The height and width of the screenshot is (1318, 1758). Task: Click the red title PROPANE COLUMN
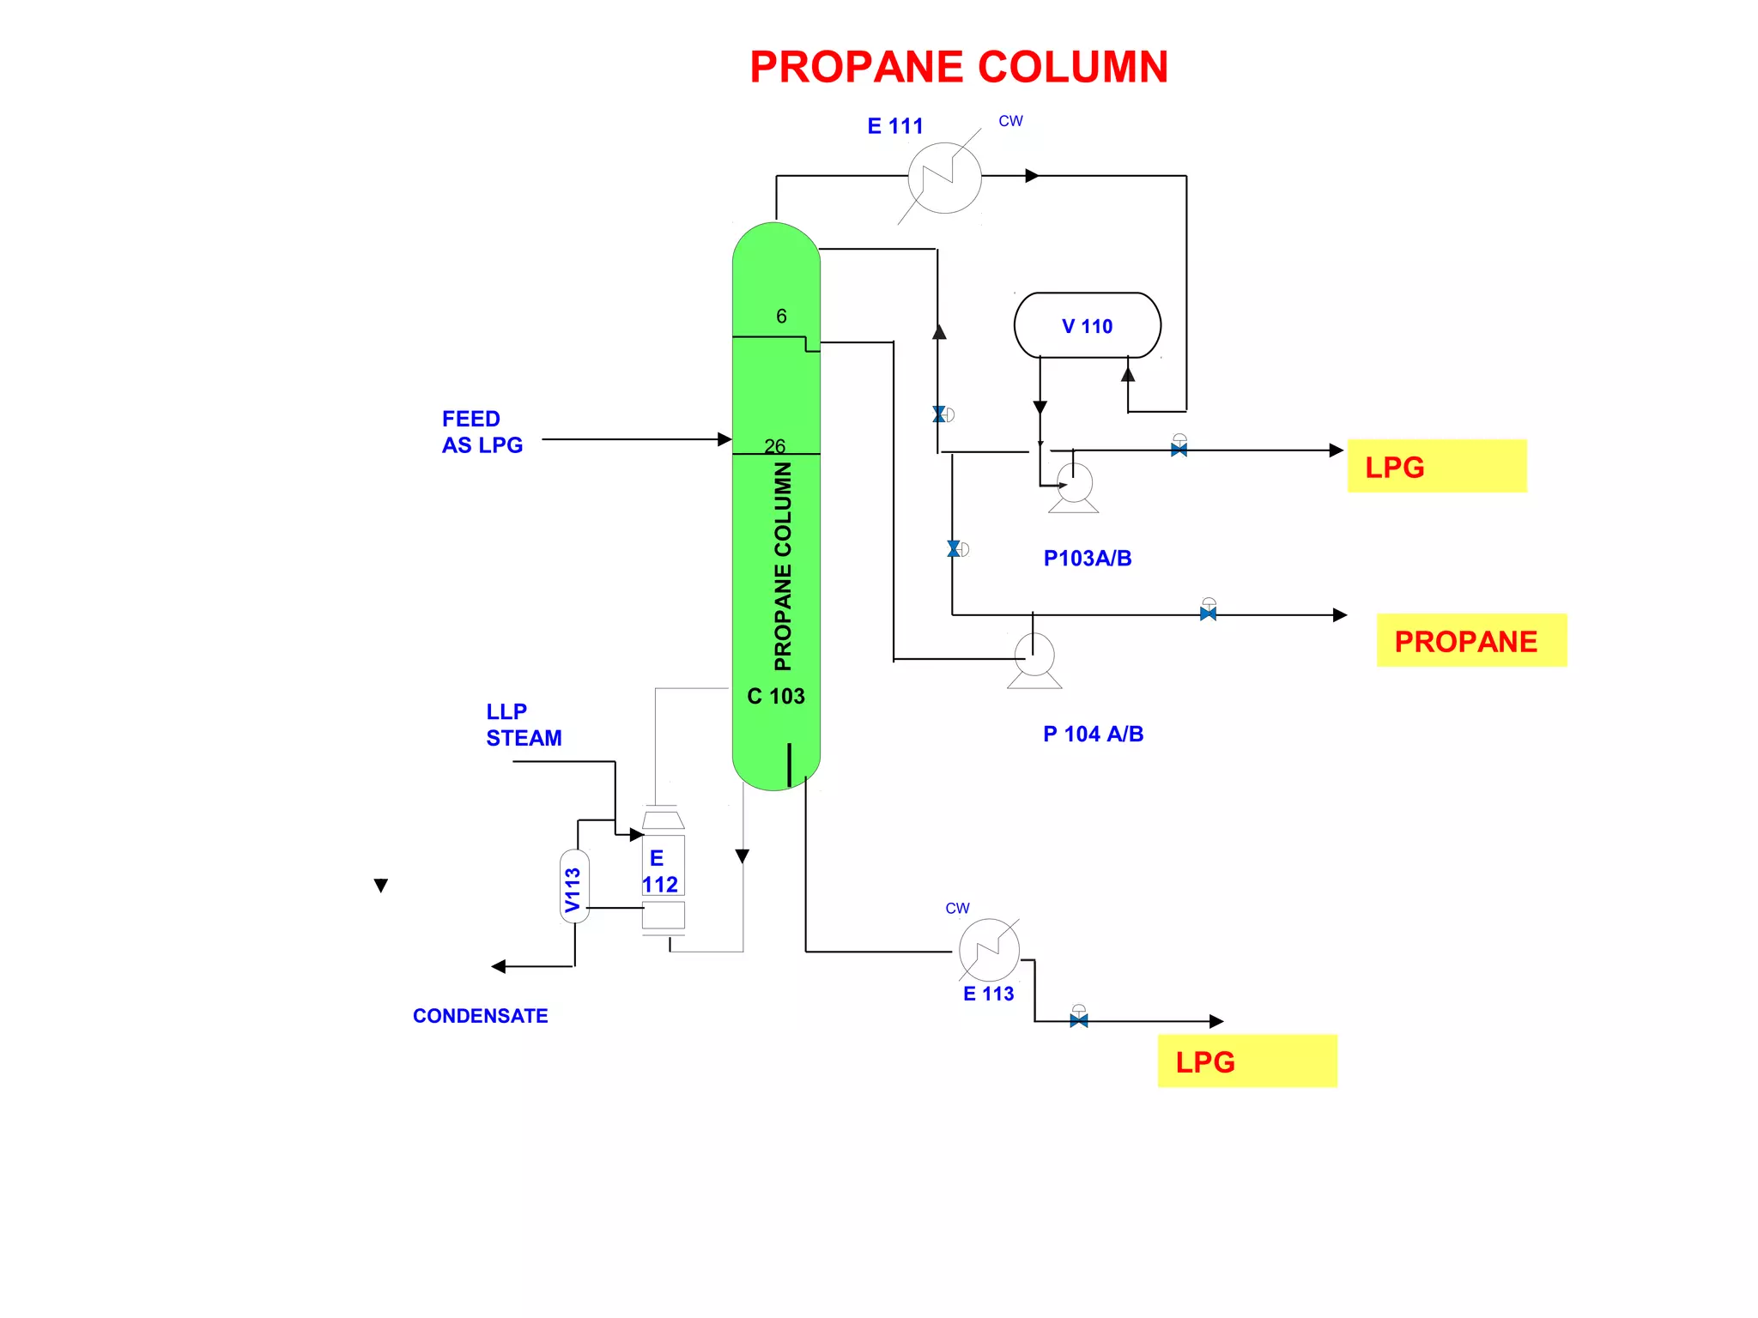958,67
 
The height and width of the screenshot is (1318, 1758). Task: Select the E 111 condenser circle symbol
944,178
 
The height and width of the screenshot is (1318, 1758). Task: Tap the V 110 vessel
1087,325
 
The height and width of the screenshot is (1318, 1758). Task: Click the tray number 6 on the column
781,317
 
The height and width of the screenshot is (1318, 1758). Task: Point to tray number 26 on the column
774,446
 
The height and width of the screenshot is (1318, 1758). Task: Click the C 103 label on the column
776,696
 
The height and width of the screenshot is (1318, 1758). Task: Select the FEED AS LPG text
482,432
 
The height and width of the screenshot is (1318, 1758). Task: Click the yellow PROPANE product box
1470,640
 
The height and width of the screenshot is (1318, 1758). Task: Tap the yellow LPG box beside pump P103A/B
1436,466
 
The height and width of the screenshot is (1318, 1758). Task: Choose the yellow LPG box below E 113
1246,1061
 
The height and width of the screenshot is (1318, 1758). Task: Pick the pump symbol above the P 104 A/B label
1034,658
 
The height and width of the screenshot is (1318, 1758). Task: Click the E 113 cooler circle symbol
989,950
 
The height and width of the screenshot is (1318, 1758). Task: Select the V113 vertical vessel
574,886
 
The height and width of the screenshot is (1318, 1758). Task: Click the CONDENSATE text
480,1016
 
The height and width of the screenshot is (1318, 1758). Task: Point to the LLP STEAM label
523,725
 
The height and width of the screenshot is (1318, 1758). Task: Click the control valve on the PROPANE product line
1208,613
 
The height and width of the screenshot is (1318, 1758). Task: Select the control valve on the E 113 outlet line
1079,1019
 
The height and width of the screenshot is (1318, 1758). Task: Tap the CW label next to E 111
1010,121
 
